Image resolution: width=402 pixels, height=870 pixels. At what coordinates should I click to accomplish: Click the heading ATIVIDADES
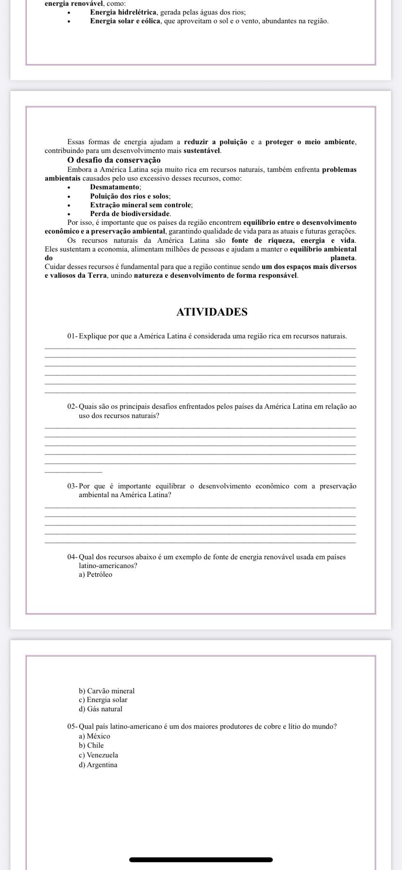tap(212, 312)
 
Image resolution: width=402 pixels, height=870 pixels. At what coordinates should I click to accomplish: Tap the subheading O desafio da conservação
tap(114, 160)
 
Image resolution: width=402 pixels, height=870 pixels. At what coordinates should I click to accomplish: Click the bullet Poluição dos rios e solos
tap(130, 196)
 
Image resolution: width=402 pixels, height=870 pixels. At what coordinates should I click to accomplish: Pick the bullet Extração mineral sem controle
tap(141, 205)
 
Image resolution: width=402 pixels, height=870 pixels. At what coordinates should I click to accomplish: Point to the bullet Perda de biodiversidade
tap(131, 214)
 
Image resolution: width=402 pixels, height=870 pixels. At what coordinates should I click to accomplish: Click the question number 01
tap(72, 336)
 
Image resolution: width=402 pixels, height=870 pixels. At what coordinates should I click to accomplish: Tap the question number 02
tap(72, 406)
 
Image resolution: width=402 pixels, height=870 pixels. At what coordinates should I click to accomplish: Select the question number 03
tap(72, 486)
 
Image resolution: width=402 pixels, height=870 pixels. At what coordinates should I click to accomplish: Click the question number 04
tap(72, 557)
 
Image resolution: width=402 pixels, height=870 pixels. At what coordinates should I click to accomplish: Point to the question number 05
tap(72, 727)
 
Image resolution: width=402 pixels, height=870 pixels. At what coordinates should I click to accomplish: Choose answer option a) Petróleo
tap(95, 575)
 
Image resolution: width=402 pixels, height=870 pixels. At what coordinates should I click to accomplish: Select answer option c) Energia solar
tap(103, 700)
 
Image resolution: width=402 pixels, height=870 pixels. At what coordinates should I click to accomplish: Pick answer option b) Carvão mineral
tap(106, 691)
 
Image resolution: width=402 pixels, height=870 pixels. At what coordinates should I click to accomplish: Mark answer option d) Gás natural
tap(100, 709)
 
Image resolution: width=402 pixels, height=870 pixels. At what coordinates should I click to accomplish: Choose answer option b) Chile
tap(91, 745)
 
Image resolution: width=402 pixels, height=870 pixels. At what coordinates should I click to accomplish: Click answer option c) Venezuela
tap(98, 755)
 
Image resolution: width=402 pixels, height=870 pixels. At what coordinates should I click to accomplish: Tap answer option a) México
tap(94, 736)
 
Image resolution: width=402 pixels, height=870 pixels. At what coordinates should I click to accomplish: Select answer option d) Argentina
tap(98, 765)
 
